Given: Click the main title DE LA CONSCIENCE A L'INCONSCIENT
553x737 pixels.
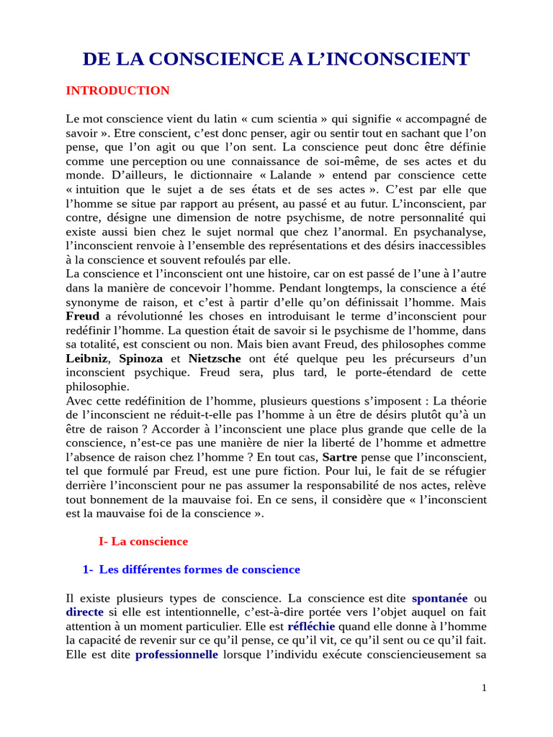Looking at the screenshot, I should (x=276, y=59).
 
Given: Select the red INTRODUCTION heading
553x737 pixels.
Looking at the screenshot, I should (x=117, y=91).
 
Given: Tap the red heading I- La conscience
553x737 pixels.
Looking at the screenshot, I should (x=143, y=541).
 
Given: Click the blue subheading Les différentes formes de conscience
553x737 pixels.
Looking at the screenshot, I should (x=199, y=569).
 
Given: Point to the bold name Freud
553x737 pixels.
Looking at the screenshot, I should (x=82, y=316).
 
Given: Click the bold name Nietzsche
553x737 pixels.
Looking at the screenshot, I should (x=215, y=358).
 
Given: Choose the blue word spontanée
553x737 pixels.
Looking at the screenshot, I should (x=439, y=598).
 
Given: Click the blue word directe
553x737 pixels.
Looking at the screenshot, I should (x=84, y=612).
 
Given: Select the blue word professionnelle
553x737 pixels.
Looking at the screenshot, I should (x=176, y=655).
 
